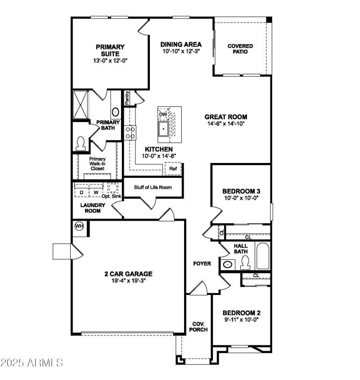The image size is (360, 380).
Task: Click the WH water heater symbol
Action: point(79,226)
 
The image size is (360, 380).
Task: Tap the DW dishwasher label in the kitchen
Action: point(163,114)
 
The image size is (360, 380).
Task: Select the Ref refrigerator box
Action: point(173,169)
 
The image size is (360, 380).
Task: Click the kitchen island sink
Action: point(163,129)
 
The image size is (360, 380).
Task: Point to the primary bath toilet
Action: point(81,143)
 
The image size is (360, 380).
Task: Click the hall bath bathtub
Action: point(262,256)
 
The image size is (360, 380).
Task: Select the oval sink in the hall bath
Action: point(228,264)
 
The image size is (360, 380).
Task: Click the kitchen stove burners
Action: point(130,132)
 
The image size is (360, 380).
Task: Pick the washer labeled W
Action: point(95,193)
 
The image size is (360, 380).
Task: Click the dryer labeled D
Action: point(81,193)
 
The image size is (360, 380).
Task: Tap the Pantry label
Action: point(127,98)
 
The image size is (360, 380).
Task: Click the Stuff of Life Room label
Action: point(153,187)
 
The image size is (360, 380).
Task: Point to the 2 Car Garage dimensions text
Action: point(128,281)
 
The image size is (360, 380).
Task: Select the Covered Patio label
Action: point(240,49)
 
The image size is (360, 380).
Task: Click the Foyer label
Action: point(202,263)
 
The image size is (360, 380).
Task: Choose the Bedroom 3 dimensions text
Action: point(241,198)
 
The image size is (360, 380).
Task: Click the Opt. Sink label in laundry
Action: point(112,197)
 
